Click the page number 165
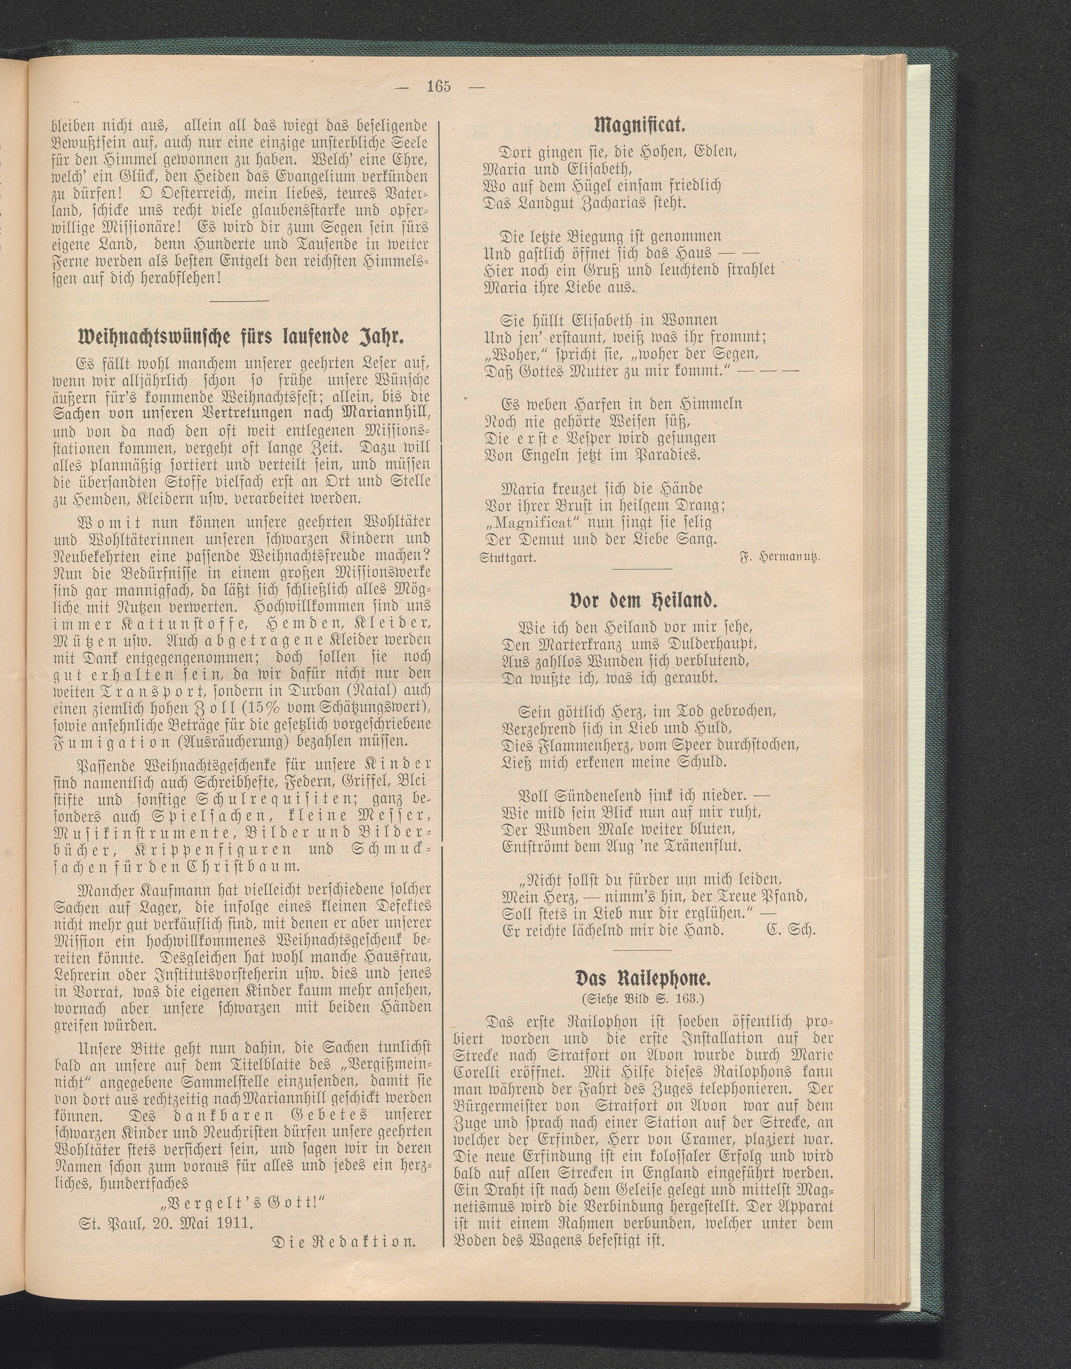tap(439, 86)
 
